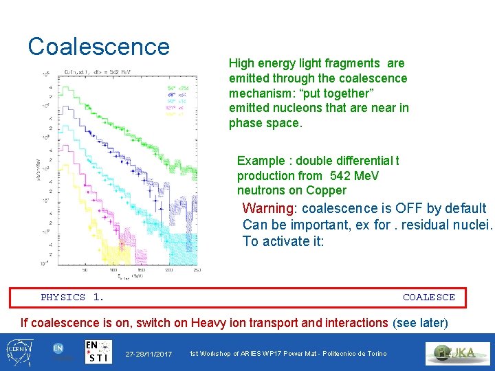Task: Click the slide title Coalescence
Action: [x=98, y=46]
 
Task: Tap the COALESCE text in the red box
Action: [x=428, y=297]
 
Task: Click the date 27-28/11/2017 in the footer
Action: [x=148, y=354]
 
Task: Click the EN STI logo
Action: [x=100, y=352]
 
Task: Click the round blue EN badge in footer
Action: [x=59, y=349]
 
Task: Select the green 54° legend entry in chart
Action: [x=172, y=88]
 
